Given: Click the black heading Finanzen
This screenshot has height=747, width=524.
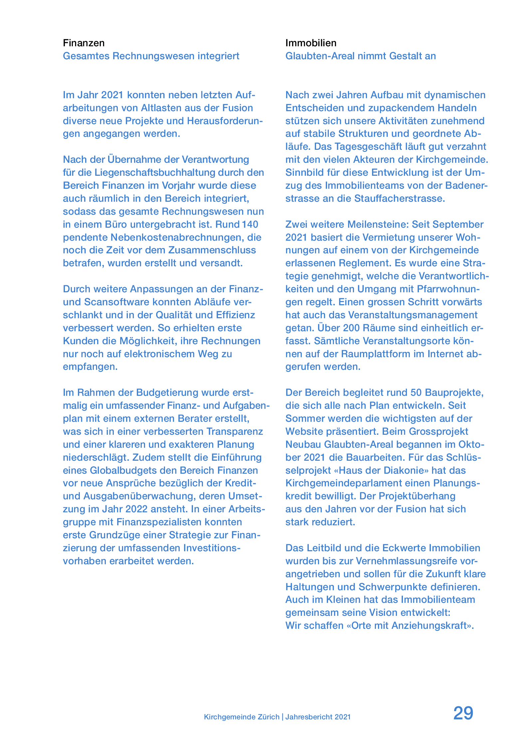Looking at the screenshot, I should pyautogui.click(x=84, y=43).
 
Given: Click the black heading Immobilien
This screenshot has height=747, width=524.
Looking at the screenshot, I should pyautogui.click(x=311, y=43).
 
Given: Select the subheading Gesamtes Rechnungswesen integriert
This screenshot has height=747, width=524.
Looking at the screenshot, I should pyautogui.click(x=151, y=56).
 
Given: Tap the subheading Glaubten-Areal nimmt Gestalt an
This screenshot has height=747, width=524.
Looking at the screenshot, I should pyautogui.click(x=360, y=56).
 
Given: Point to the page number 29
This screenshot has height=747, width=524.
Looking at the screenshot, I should pyautogui.click(x=463, y=713).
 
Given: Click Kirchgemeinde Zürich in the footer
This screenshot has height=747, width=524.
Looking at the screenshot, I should pyautogui.click(x=242, y=717).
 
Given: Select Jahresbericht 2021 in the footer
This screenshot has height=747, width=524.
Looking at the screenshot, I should pyautogui.click(x=318, y=717).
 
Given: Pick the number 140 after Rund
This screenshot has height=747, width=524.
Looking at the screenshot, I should pyautogui.click(x=250, y=224).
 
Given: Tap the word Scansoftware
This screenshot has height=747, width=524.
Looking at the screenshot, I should pyautogui.click(x=116, y=302).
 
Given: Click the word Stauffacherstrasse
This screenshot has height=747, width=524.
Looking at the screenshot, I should pyautogui.click(x=399, y=198).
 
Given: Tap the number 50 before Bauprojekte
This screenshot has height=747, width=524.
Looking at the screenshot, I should pyautogui.click(x=416, y=392).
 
